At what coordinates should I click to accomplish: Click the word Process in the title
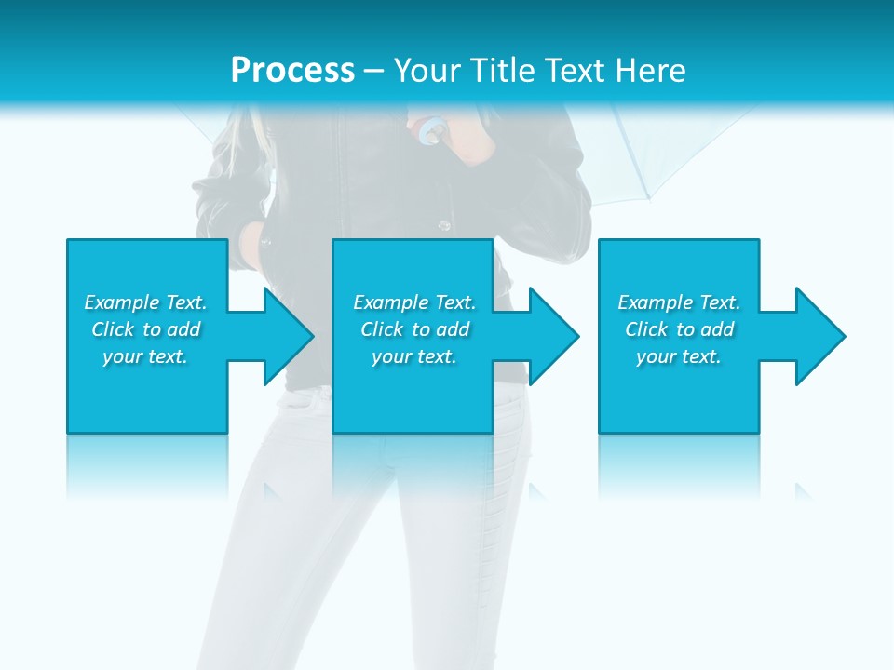click(x=292, y=71)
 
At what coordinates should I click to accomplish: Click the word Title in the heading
click(x=506, y=71)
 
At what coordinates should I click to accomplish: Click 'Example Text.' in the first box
click(x=145, y=302)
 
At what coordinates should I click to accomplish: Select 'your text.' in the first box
click(x=145, y=356)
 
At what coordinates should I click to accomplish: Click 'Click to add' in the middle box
click(x=414, y=329)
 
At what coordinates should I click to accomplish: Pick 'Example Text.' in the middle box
click(x=414, y=302)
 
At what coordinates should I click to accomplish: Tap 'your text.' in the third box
click(x=679, y=356)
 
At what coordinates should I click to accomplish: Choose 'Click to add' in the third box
click(x=679, y=329)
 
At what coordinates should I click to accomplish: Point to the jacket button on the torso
click(x=444, y=224)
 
